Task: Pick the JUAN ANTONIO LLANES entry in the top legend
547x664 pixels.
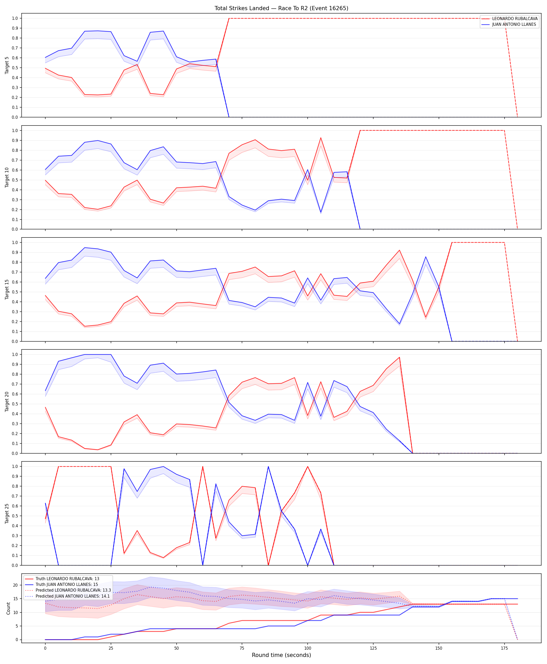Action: [514, 24]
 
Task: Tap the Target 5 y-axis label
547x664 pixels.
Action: [7, 65]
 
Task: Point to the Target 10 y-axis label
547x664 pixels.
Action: [7, 177]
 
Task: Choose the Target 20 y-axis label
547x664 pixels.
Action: [7, 402]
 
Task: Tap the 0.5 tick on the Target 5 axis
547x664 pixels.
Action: [15, 68]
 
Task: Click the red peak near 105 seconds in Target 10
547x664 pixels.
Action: [321, 138]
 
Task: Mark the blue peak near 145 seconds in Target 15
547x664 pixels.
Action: [426, 257]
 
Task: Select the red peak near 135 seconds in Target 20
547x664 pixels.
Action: [400, 357]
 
